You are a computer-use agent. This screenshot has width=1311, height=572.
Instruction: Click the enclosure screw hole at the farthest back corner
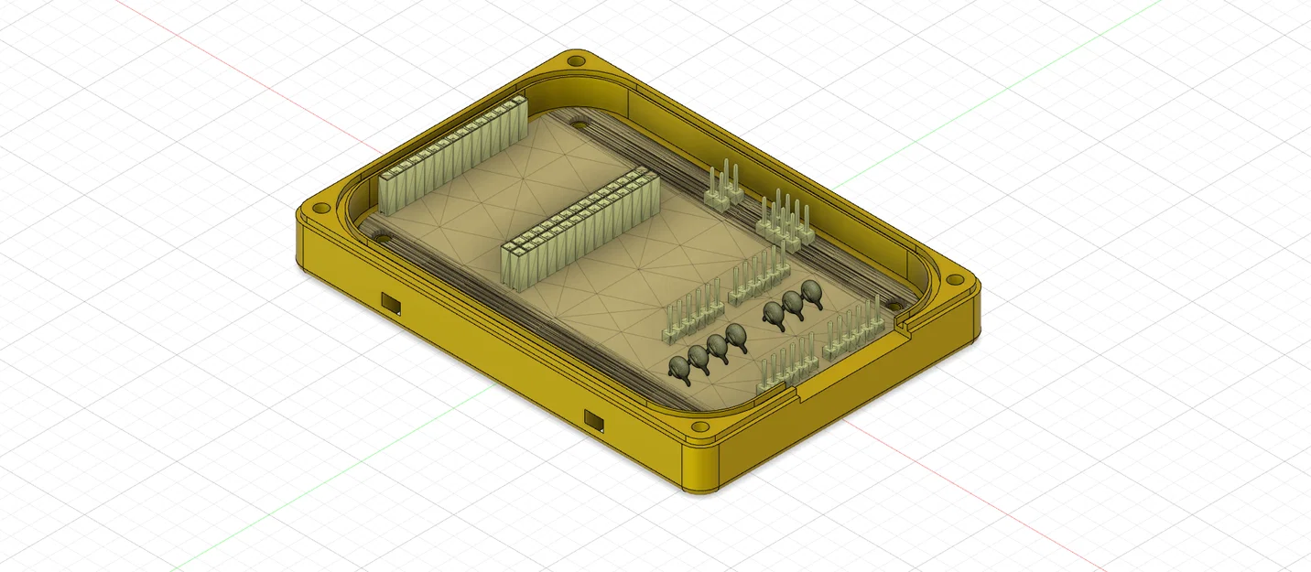(x=575, y=61)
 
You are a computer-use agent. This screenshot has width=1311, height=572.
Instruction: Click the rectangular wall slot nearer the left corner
(x=392, y=301)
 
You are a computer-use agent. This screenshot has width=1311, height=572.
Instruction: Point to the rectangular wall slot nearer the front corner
(x=594, y=420)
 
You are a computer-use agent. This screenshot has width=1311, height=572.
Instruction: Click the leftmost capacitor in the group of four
(x=679, y=368)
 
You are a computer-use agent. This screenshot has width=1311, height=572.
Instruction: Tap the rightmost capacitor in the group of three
(x=811, y=294)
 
